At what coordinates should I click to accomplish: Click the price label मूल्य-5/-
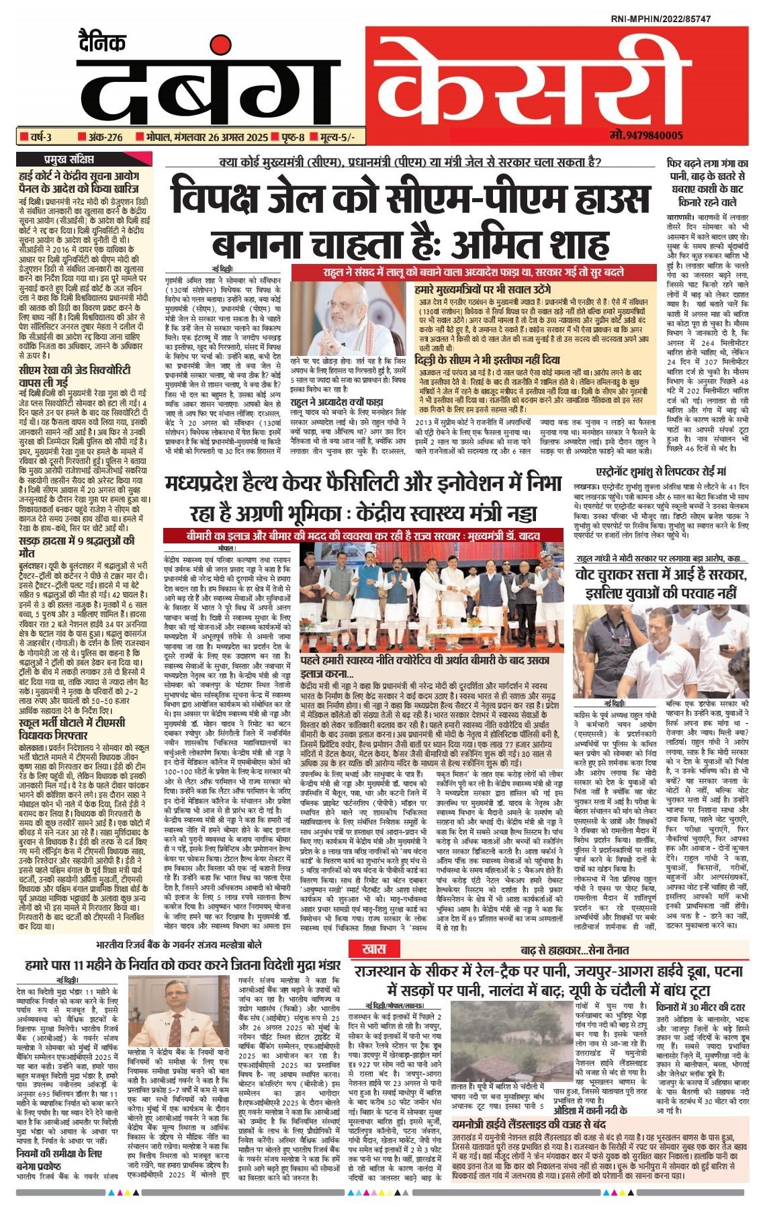click(332, 138)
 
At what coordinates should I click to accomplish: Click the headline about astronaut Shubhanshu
click(661, 472)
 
